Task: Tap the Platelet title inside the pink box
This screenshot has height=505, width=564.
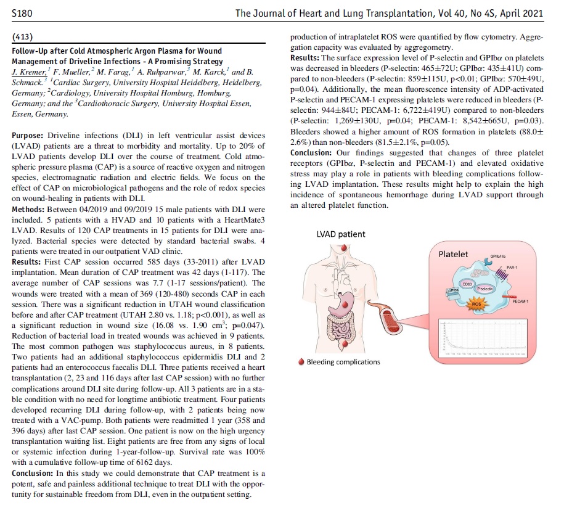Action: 453,254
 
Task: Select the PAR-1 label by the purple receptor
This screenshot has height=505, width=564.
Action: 510,268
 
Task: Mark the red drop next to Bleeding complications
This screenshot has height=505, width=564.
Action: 300,362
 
